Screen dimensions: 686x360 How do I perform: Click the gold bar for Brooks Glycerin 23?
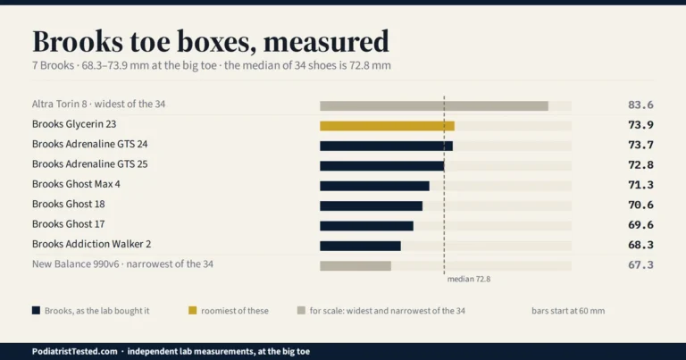click(x=387, y=126)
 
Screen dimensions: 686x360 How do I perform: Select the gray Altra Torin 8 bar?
click(x=434, y=106)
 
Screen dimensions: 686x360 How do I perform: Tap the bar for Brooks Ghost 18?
click(x=371, y=205)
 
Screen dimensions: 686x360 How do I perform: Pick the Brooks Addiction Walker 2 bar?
click(x=360, y=246)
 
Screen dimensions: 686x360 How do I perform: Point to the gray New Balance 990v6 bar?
click(x=356, y=266)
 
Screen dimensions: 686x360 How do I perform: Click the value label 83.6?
click(x=640, y=105)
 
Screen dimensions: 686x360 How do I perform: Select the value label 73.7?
click(x=640, y=145)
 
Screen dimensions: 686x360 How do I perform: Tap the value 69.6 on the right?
click(x=640, y=225)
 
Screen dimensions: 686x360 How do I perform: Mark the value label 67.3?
click(x=640, y=264)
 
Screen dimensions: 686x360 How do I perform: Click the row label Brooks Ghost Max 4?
click(x=76, y=184)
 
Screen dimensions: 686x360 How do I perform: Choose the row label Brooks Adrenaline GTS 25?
click(x=89, y=164)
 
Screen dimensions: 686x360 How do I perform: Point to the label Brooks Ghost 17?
click(x=68, y=224)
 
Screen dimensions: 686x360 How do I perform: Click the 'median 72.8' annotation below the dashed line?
click(x=469, y=279)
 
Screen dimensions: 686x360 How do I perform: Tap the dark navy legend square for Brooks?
click(x=36, y=311)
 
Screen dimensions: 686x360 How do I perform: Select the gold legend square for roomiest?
click(x=193, y=311)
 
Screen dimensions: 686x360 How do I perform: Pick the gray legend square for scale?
click(x=301, y=311)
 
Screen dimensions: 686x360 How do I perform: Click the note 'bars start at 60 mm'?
click(x=568, y=311)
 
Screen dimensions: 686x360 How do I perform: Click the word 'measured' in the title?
click(x=326, y=42)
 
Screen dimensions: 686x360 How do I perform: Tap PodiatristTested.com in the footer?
click(x=74, y=351)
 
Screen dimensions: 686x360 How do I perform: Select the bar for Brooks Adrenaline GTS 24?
click(x=386, y=147)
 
